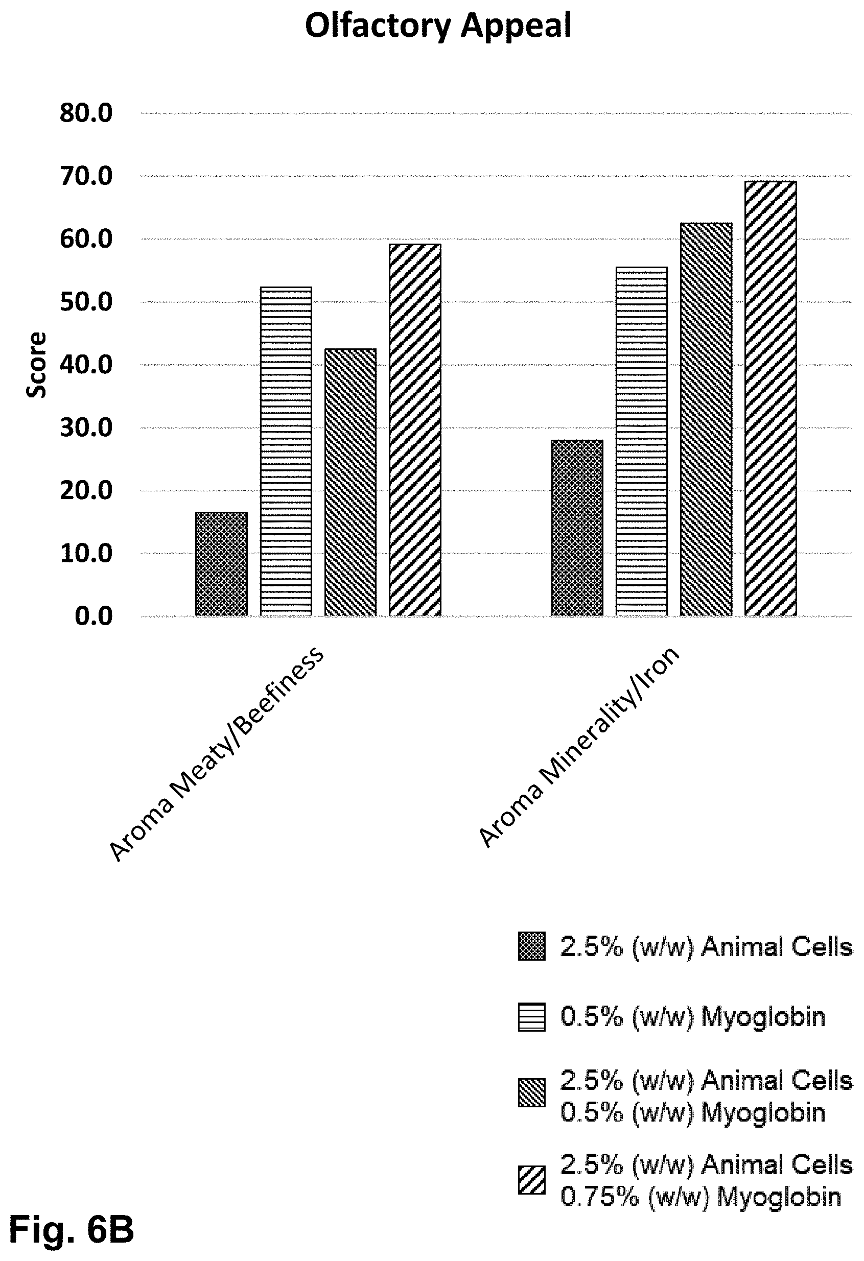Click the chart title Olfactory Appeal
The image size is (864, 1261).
438,26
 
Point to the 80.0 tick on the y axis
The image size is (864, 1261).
86,113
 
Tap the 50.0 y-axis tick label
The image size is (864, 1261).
86,302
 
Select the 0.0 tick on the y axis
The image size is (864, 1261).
94,616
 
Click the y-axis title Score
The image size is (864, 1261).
37,365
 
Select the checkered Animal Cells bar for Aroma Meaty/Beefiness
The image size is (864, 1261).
221,564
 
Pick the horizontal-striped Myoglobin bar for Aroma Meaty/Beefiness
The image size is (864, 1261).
286,451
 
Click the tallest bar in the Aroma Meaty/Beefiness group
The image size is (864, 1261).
415,430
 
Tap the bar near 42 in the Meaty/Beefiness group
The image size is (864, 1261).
351,482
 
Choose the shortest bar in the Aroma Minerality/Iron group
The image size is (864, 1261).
576,528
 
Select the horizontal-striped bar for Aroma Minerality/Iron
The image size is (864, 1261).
642,442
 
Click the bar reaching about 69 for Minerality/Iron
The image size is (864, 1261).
770,399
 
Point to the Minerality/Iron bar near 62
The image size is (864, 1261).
706,419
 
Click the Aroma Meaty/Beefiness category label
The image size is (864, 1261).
216,754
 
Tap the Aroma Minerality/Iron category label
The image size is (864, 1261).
578,747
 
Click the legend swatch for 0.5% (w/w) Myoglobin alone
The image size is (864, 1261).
531,1017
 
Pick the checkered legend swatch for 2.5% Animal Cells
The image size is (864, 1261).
532,947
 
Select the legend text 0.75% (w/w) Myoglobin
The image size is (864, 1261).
700,1197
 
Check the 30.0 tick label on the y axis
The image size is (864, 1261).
86,427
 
